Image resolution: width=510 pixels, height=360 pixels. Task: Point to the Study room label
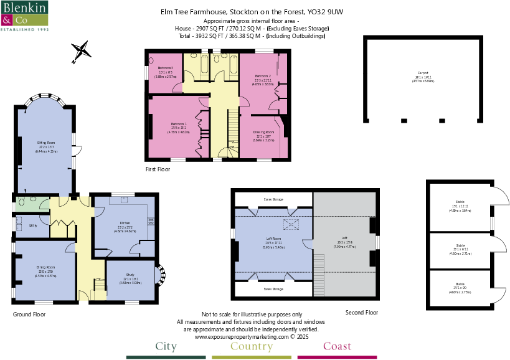(130, 277)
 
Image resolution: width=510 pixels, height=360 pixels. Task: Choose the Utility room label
(32, 225)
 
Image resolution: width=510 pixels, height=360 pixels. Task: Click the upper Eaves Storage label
(273, 199)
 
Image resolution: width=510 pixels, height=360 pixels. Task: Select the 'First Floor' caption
(158, 168)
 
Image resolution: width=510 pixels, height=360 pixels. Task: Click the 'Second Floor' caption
(361, 312)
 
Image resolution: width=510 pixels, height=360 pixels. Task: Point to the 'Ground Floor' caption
(29, 315)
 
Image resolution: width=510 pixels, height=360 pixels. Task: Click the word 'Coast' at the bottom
(337, 346)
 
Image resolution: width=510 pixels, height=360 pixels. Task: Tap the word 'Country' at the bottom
(251, 346)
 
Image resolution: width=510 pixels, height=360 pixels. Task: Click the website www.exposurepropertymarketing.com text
(252, 336)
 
